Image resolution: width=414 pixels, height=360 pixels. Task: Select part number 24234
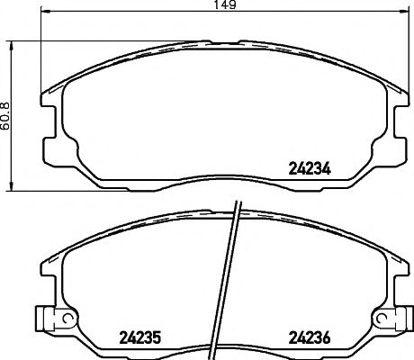click(308, 166)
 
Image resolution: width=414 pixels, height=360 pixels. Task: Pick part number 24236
click(308, 338)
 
